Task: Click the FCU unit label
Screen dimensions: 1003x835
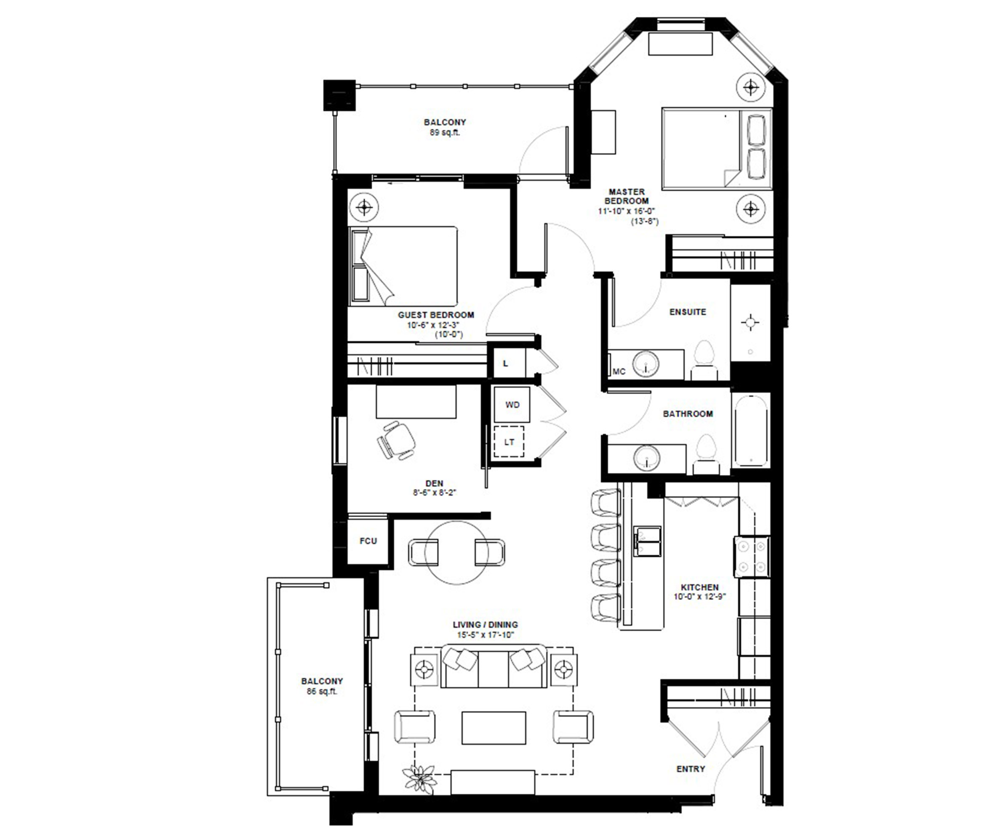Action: coord(368,541)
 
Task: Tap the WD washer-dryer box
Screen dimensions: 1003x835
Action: coord(512,405)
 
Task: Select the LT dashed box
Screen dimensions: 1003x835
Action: coord(509,442)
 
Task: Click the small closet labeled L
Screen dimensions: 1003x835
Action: coord(506,363)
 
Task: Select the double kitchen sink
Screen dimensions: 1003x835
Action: coord(648,541)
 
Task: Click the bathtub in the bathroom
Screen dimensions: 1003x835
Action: coord(750,430)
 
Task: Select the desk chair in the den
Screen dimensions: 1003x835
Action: coord(396,440)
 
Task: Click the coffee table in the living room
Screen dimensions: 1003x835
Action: coord(494,728)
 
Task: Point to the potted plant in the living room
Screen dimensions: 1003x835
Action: coord(419,779)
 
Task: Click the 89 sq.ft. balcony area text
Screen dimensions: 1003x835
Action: coord(445,132)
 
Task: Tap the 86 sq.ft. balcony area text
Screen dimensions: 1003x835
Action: coord(322,691)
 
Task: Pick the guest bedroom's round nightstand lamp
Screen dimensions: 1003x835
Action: coord(364,207)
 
